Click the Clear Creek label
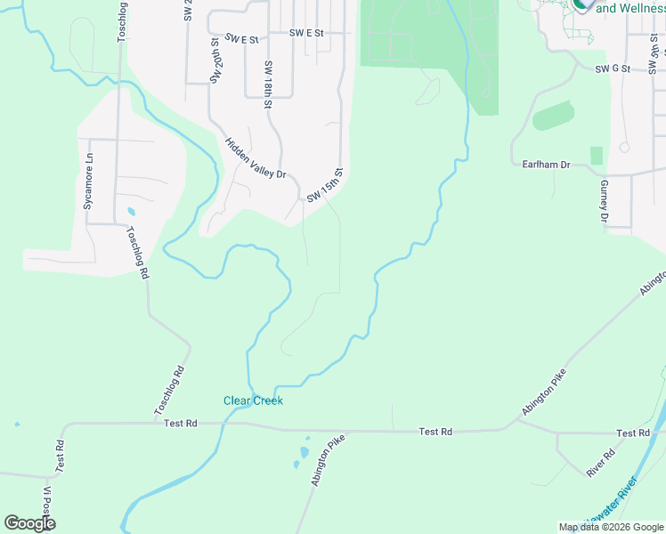tap(253, 400)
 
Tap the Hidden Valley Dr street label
tap(256, 158)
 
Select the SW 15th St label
tap(325, 184)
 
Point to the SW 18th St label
tap(267, 85)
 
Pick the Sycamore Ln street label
tap(87, 186)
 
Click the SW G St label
tap(613, 69)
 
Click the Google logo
tap(29, 523)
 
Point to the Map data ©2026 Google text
tap(610, 527)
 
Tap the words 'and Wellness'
tap(631, 9)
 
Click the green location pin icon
tap(583, 4)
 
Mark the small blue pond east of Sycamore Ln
tap(132, 213)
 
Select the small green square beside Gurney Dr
tap(596, 156)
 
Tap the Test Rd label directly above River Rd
tap(632, 433)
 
